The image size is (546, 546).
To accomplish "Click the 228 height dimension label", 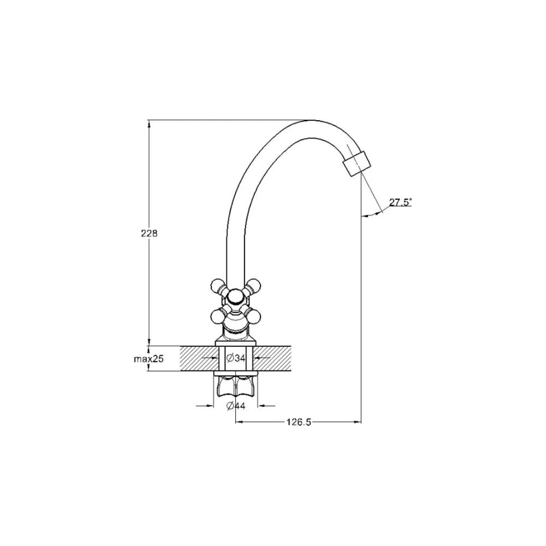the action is pyautogui.click(x=149, y=233).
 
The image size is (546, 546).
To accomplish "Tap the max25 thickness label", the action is pyautogui.click(x=149, y=359).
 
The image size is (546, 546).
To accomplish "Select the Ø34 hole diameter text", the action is pyautogui.click(x=236, y=358).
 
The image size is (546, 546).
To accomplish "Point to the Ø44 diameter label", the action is pyautogui.click(x=236, y=406).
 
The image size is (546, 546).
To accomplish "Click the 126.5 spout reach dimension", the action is pyautogui.click(x=299, y=422).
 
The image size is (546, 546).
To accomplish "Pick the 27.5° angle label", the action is pyautogui.click(x=400, y=202).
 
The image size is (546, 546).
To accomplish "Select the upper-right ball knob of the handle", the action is pyautogui.click(x=254, y=285).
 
